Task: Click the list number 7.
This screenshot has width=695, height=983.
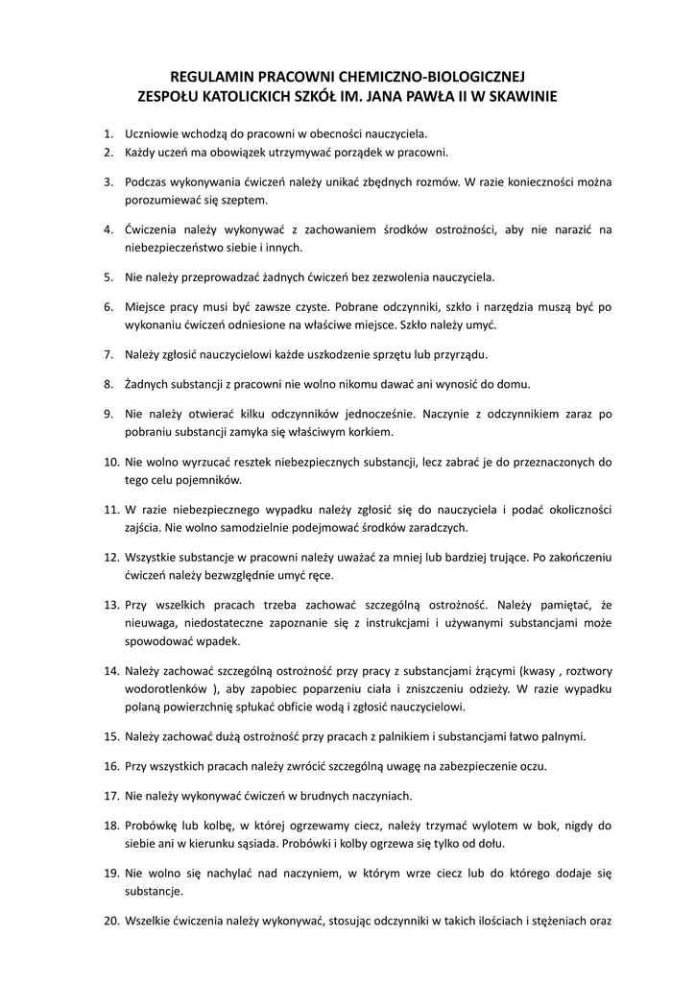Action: [108, 355]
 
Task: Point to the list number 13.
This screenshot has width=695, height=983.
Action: [110, 606]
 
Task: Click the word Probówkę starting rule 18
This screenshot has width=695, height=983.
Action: [154, 825]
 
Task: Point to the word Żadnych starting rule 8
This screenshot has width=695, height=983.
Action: [147, 384]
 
